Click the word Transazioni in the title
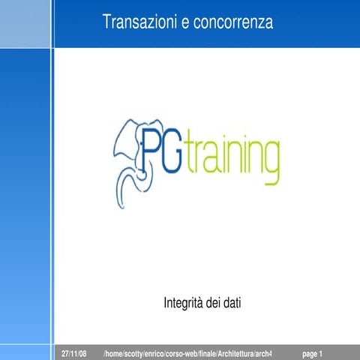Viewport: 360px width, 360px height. pos(139,23)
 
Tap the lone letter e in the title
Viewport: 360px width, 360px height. pos(184,23)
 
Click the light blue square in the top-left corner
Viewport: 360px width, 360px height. pos(25,23)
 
